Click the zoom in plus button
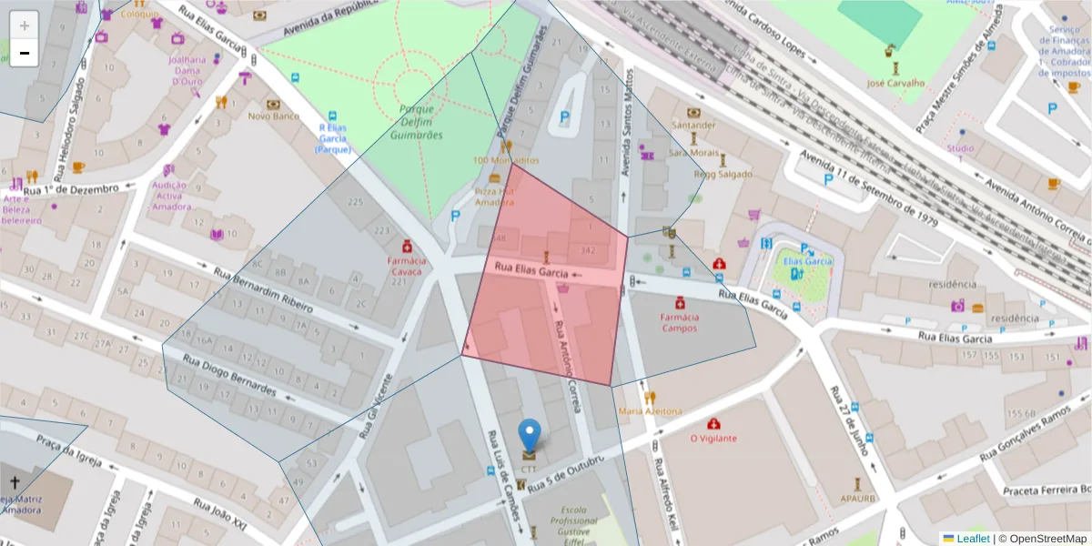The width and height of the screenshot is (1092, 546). [x=25, y=25]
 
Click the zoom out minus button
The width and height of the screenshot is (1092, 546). [x=25, y=53]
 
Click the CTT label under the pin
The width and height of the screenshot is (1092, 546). [x=529, y=469]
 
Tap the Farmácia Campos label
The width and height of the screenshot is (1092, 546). [x=679, y=322]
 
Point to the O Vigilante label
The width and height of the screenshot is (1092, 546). [x=713, y=438]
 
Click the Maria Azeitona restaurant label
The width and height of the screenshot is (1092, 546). [x=650, y=411]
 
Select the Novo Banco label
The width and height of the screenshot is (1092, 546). [x=274, y=116]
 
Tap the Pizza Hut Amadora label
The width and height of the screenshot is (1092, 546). [x=495, y=197]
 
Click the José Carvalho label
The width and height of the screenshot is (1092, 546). [x=895, y=83]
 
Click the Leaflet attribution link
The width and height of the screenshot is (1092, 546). [x=973, y=539]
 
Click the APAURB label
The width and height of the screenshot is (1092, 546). [x=857, y=499]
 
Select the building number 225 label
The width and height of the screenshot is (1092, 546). [x=356, y=202]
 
